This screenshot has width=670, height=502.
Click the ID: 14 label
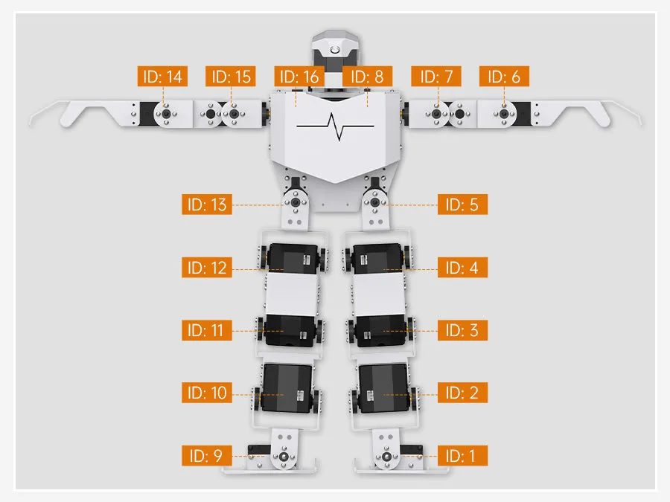point(162,77)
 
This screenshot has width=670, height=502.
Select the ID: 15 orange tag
point(231,77)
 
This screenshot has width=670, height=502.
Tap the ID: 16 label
point(299,77)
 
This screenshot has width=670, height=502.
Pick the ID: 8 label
point(368,77)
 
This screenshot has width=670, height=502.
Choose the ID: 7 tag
point(436,77)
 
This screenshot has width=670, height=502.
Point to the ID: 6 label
point(504,77)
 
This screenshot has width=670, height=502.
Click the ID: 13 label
point(207,205)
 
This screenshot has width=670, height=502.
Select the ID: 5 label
point(462,205)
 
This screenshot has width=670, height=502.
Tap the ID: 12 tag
point(207,268)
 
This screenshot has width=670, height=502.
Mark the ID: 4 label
point(462,268)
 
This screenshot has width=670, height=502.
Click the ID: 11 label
point(207,330)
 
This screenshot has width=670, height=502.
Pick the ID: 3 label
point(462,330)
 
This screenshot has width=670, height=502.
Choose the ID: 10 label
point(207,393)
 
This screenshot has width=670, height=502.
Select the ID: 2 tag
point(462,393)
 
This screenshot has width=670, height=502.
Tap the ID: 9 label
point(207,455)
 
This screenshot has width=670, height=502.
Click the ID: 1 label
point(462,455)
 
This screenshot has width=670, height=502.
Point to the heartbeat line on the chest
point(335,126)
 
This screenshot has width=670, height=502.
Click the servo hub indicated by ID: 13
point(296,202)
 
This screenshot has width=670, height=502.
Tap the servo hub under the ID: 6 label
point(504,114)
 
